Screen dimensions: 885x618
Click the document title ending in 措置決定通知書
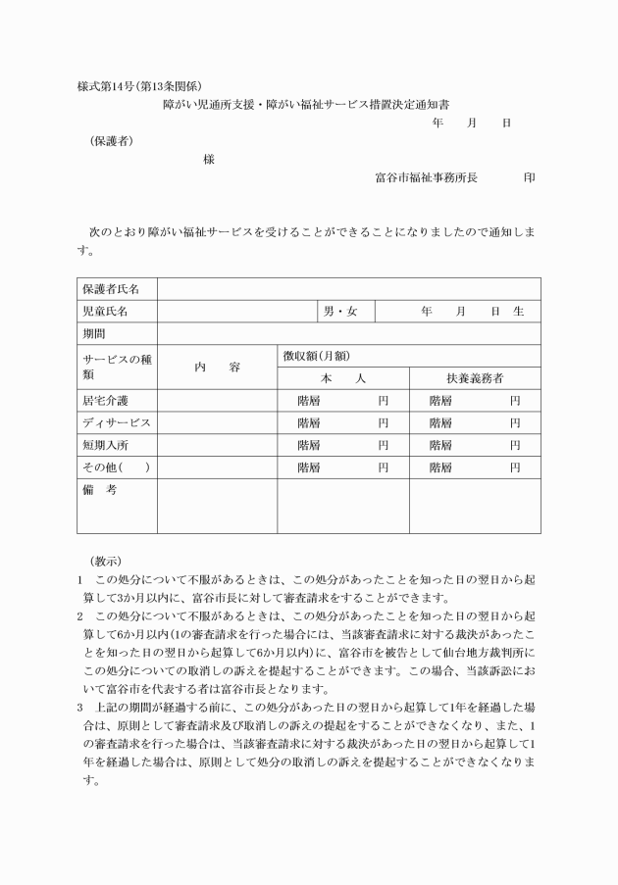[x=312, y=103]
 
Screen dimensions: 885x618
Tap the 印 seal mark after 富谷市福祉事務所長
[x=530, y=177]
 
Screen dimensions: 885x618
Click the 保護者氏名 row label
[x=111, y=289]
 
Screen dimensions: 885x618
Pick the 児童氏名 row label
[x=105, y=312]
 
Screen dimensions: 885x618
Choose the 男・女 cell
[x=340, y=312]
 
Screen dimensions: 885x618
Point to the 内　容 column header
[x=217, y=367]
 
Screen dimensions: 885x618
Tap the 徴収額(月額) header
[x=316, y=356]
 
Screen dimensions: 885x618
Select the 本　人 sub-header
[x=342, y=378]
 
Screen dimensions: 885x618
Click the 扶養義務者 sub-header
[x=475, y=378]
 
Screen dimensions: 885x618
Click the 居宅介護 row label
[x=105, y=401]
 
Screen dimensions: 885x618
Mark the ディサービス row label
[x=117, y=423]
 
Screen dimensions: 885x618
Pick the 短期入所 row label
[x=105, y=446]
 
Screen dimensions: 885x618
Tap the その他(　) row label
[x=116, y=467]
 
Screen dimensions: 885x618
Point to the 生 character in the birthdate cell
[x=519, y=312]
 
